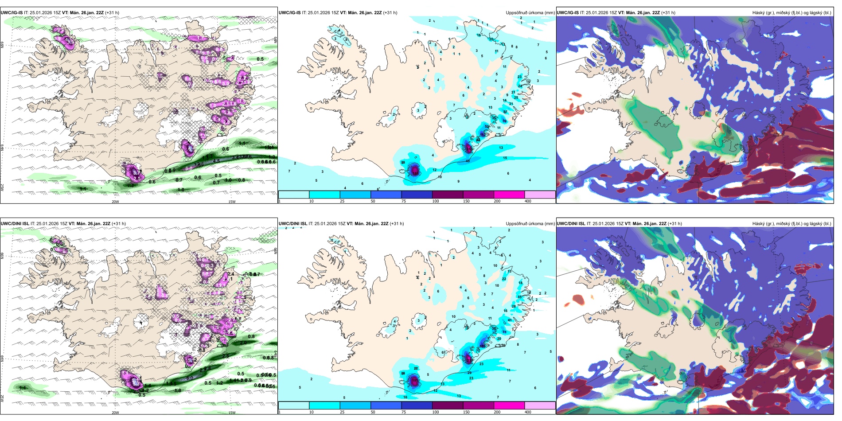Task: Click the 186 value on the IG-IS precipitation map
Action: (414, 170)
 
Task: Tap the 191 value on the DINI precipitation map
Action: (414, 380)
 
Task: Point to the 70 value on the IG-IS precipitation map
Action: (504, 121)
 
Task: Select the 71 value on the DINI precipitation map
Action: (504, 332)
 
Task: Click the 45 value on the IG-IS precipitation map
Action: (468, 161)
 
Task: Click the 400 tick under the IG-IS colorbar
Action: (528, 201)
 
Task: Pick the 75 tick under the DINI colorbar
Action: (404, 412)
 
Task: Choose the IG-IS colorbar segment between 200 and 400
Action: (540, 195)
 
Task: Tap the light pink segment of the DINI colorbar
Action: (540, 405)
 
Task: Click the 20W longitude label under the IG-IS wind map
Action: (115, 202)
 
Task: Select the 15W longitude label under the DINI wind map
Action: (231, 413)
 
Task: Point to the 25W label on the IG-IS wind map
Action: (2, 187)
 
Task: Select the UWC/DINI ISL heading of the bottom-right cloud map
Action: (571, 224)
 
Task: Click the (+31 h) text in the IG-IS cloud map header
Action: (668, 13)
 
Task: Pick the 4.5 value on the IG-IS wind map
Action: (216, 161)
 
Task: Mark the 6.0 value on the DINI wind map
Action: (189, 378)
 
